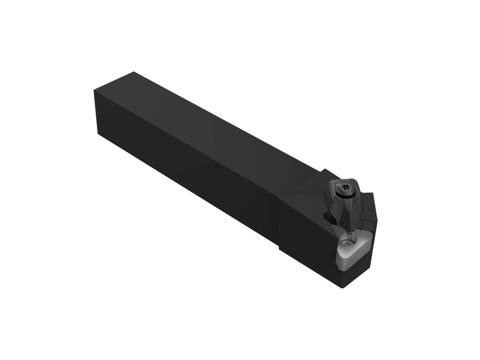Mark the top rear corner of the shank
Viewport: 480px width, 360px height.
point(134,72)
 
